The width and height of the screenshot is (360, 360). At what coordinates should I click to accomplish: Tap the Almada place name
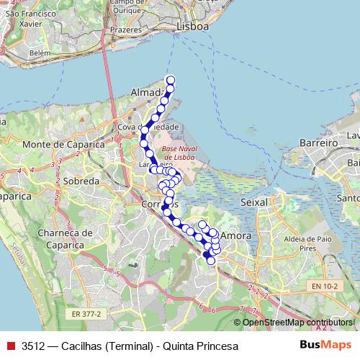click(x=147, y=92)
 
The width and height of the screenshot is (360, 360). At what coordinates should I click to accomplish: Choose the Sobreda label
click(x=81, y=181)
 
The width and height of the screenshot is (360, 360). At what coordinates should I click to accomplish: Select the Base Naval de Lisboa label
click(x=185, y=153)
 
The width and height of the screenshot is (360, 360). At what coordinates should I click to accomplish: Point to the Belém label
click(x=40, y=53)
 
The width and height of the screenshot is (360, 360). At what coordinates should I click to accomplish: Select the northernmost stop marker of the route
click(x=171, y=80)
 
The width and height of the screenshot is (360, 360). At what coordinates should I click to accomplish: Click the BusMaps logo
click(x=325, y=346)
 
